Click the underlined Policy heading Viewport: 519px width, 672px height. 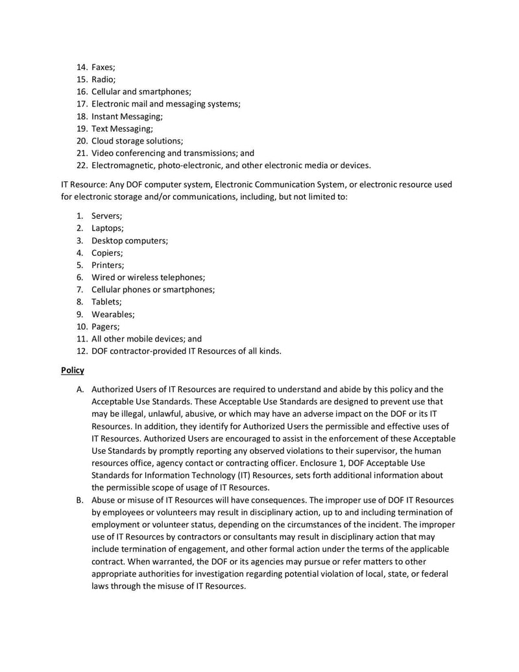click(x=73, y=370)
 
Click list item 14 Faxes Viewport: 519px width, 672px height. click(x=103, y=67)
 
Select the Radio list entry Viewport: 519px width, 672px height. click(x=103, y=79)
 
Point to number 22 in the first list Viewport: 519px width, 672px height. click(x=82, y=165)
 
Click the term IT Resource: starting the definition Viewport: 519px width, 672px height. click(x=84, y=184)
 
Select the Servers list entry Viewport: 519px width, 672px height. click(x=106, y=216)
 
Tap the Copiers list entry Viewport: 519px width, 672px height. click(x=107, y=253)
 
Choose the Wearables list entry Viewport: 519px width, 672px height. click(x=113, y=314)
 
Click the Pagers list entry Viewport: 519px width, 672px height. click(x=105, y=327)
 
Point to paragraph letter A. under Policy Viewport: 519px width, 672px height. click(x=80, y=390)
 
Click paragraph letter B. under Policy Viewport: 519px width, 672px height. click(x=80, y=500)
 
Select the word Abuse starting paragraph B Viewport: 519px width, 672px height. click(x=104, y=500)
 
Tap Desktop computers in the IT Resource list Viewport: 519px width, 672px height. click(x=129, y=240)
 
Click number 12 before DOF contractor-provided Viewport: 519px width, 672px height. click(x=82, y=351)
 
